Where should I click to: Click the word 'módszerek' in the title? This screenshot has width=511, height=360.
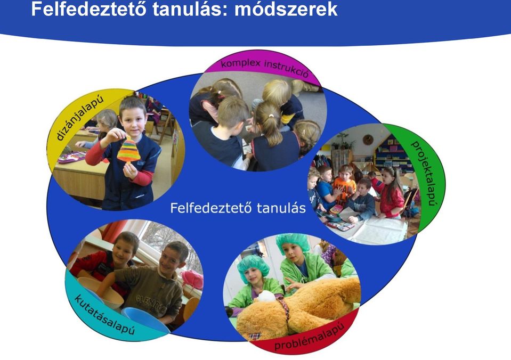point(286,9)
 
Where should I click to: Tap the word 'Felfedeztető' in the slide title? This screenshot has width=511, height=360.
point(88,9)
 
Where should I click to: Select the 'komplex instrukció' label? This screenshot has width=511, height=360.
point(265,68)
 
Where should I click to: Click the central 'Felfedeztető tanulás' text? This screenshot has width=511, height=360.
point(238,208)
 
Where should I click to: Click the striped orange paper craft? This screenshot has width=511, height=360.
point(129,149)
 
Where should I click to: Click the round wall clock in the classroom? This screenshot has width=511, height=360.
point(368,140)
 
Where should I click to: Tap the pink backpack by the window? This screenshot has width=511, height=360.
point(192,279)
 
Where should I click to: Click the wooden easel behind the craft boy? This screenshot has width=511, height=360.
point(165,126)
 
